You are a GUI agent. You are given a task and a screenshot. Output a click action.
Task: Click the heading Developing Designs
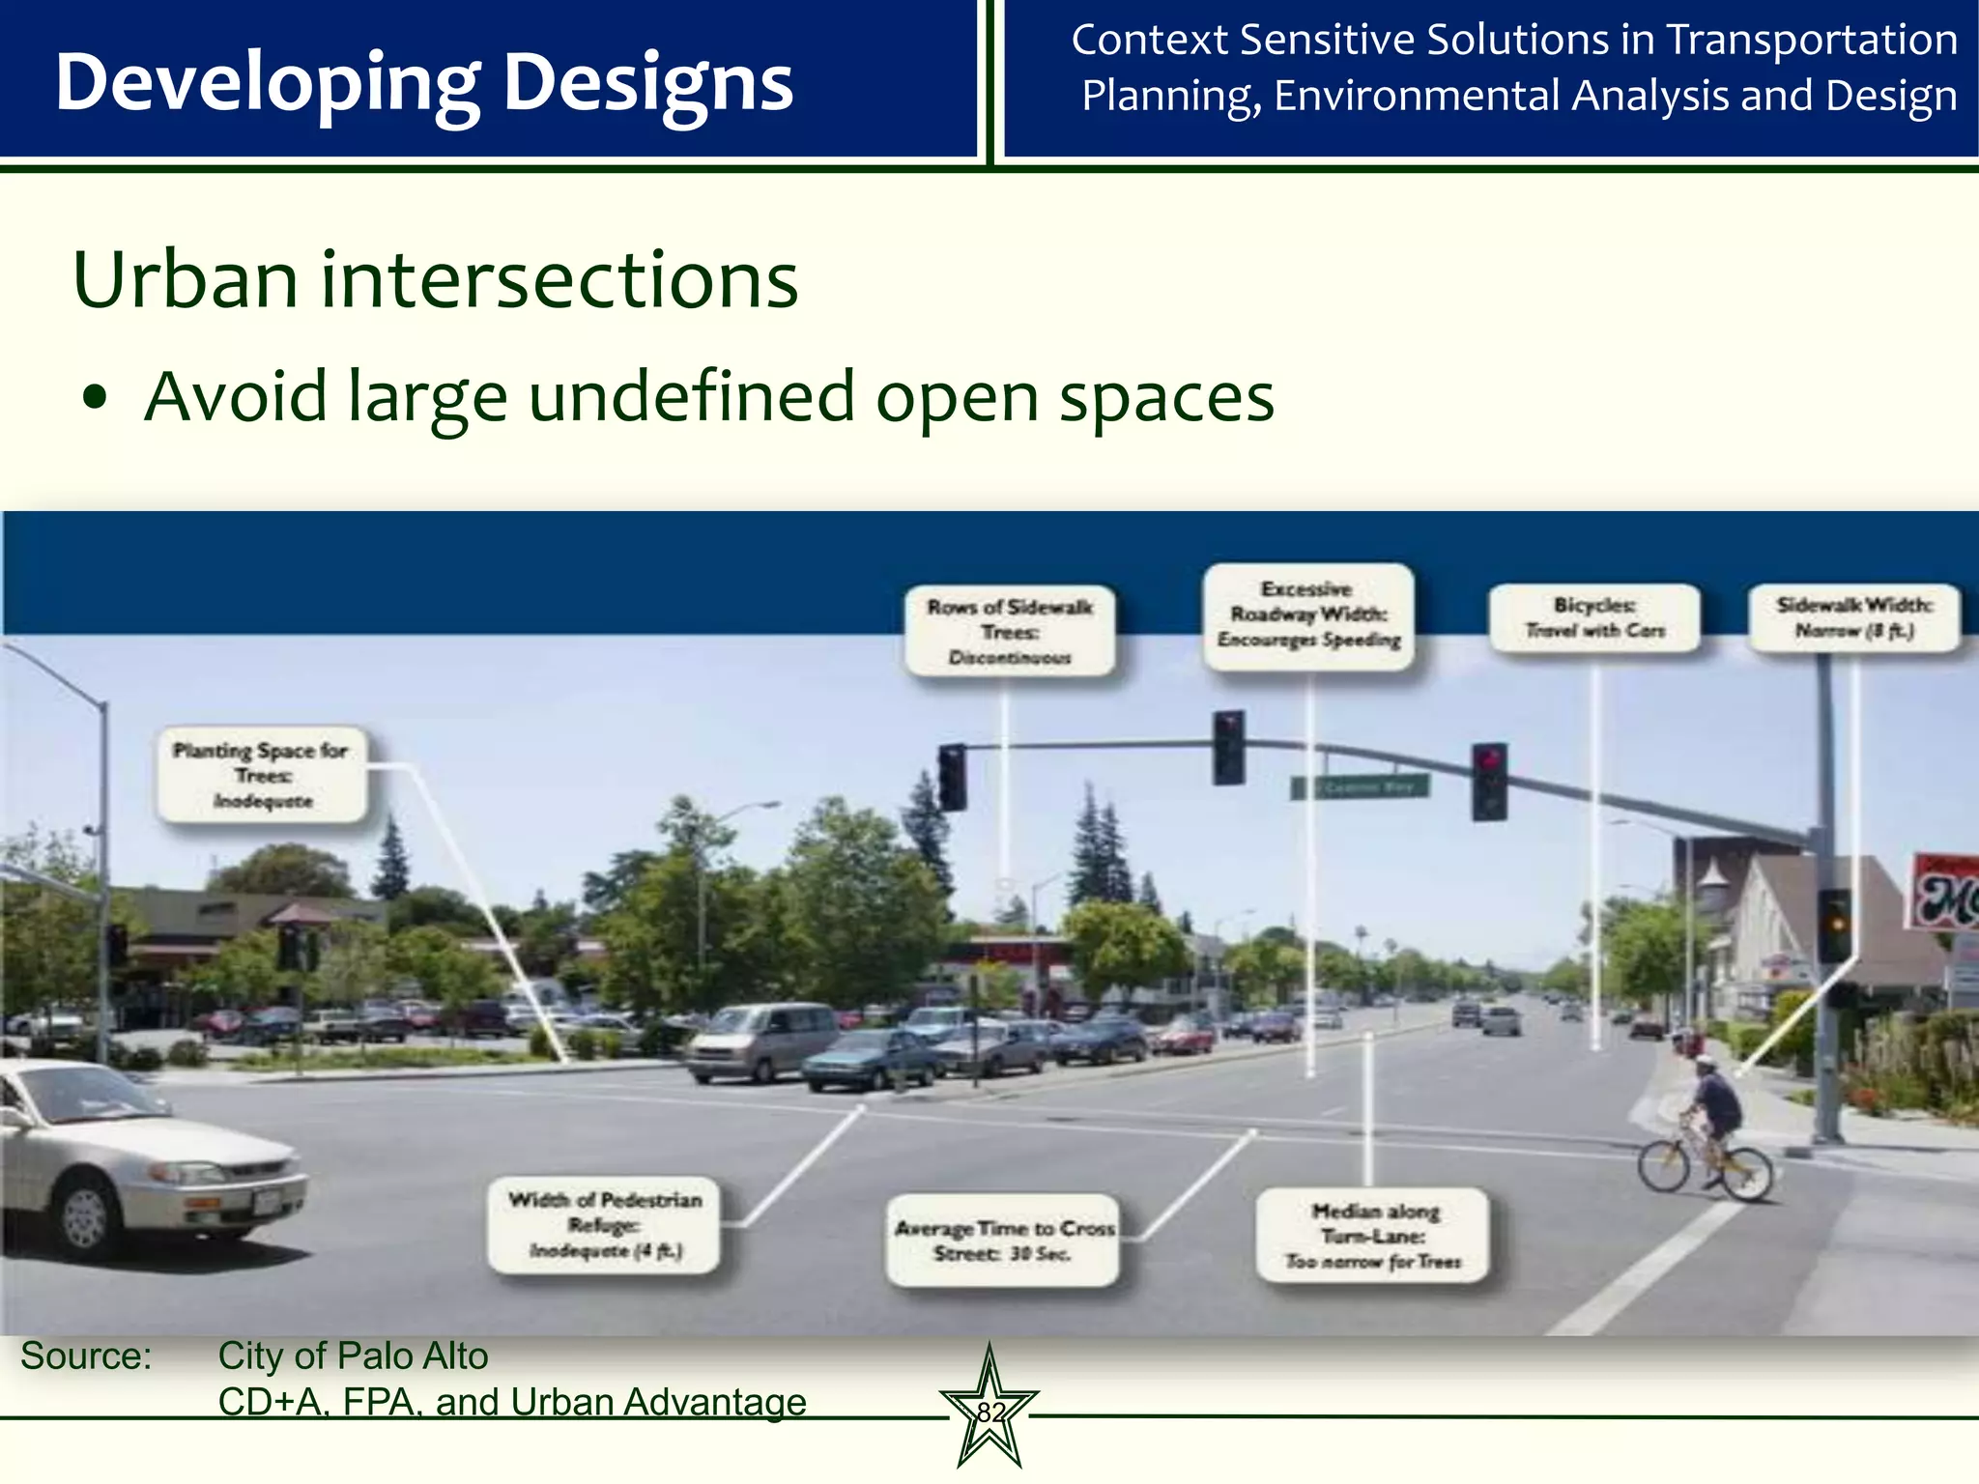click(423, 83)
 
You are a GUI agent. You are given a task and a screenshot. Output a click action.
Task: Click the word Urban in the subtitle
click(185, 280)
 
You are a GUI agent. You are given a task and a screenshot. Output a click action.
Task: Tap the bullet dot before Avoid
click(94, 397)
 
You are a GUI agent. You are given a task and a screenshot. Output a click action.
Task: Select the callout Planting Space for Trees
click(262, 775)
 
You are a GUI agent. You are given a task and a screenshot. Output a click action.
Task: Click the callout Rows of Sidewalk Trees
click(1010, 631)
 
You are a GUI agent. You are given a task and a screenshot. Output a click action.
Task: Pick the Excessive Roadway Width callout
click(1308, 614)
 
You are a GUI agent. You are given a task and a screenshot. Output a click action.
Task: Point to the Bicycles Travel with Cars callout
click(1594, 617)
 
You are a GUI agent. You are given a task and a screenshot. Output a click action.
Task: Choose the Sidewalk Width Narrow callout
click(1853, 617)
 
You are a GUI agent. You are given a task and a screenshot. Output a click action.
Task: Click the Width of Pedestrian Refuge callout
click(605, 1224)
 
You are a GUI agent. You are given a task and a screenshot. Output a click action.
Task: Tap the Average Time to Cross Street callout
click(1003, 1240)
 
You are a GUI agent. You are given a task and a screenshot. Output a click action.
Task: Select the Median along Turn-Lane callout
click(1372, 1235)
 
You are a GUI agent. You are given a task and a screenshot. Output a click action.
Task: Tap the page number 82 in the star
click(989, 1413)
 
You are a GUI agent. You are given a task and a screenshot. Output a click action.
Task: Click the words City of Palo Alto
click(353, 1356)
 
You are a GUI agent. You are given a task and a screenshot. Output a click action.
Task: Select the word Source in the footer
click(85, 1356)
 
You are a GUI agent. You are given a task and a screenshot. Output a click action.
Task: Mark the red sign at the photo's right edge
click(1947, 892)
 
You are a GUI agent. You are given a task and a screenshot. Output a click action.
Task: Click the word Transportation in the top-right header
click(1812, 41)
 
